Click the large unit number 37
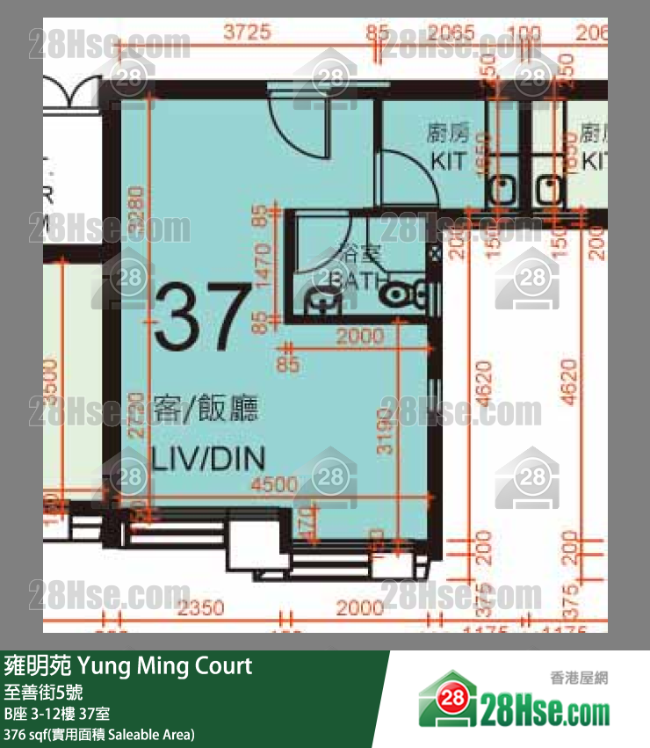201,315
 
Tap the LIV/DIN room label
208,458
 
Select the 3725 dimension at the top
245,34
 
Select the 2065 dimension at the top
456,34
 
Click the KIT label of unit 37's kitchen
448,161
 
